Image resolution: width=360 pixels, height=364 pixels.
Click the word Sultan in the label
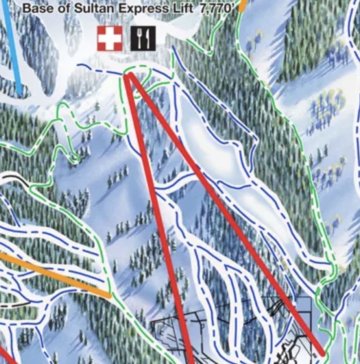point(94,8)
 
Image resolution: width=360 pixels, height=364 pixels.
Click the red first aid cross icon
point(109,38)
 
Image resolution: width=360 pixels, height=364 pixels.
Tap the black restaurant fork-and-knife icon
point(143,38)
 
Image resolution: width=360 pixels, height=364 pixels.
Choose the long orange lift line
point(54,275)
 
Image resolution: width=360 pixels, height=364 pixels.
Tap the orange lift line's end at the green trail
point(109,296)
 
